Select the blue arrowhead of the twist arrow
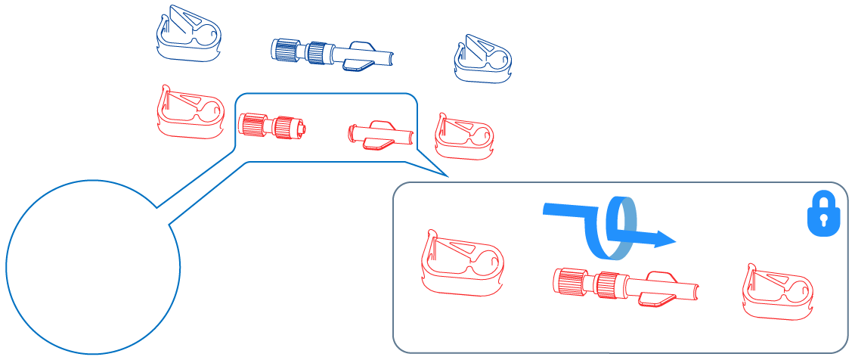pos(664,240)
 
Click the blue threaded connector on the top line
pos(302,51)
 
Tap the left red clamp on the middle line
pos(190,114)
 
